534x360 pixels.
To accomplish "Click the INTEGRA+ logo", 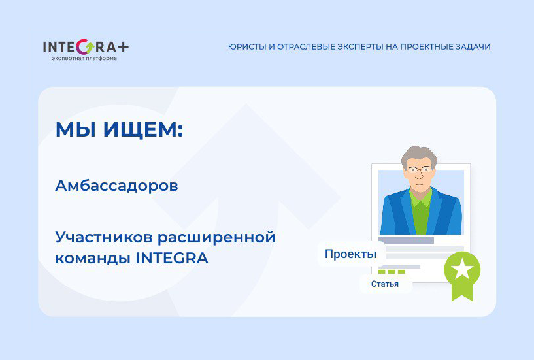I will tap(85, 47).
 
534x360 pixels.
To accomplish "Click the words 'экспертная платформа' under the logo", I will tap(84, 59).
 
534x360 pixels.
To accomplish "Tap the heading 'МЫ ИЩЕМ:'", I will tap(119, 129).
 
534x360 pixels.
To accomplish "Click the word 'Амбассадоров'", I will tap(116, 186).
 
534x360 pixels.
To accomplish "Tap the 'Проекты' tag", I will tap(350, 254).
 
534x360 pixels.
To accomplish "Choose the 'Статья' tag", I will tap(385, 284).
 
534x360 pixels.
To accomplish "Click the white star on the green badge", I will tap(462, 268).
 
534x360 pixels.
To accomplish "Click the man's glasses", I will tap(418, 169).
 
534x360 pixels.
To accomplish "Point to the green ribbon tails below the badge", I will tap(463, 291).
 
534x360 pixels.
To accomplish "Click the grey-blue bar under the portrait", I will tap(407, 240).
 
